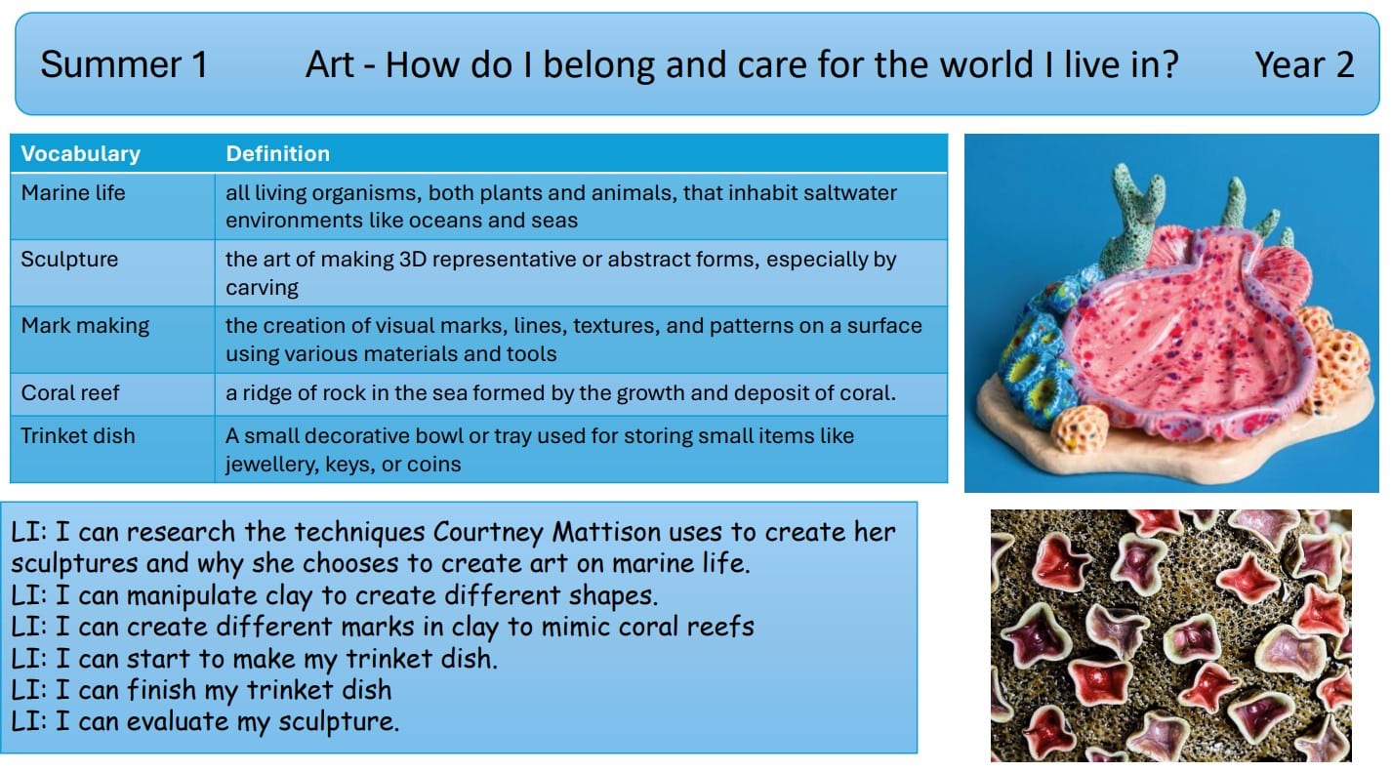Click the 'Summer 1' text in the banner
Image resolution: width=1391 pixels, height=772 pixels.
tap(124, 64)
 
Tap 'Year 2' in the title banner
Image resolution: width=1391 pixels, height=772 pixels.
tap(1304, 64)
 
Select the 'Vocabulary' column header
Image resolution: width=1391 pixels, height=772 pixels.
tap(81, 153)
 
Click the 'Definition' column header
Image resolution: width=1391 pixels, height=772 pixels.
tap(277, 153)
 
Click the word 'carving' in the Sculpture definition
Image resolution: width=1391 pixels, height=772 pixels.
tap(262, 288)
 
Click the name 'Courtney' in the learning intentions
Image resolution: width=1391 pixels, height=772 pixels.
tap(489, 532)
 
